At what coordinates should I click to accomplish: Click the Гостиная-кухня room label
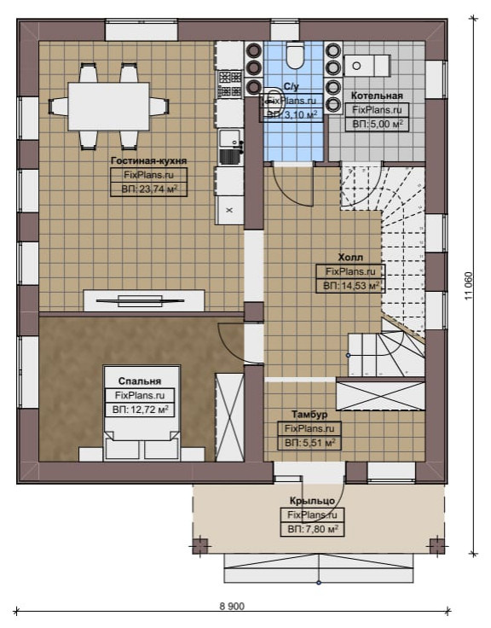(149, 161)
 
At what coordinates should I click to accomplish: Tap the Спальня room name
(140, 381)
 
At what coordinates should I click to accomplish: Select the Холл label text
(350, 257)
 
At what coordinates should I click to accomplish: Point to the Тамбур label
(309, 415)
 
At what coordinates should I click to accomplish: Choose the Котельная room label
(377, 96)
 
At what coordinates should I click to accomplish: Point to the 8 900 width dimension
(232, 607)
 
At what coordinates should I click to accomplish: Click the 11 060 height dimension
(469, 286)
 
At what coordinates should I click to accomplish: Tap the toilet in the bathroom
(295, 55)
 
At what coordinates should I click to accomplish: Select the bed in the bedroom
(142, 412)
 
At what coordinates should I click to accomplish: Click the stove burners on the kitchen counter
(229, 84)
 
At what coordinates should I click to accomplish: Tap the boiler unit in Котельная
(367, 66)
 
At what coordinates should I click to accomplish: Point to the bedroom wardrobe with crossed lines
(229, 417)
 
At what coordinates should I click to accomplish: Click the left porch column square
(200, 546)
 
